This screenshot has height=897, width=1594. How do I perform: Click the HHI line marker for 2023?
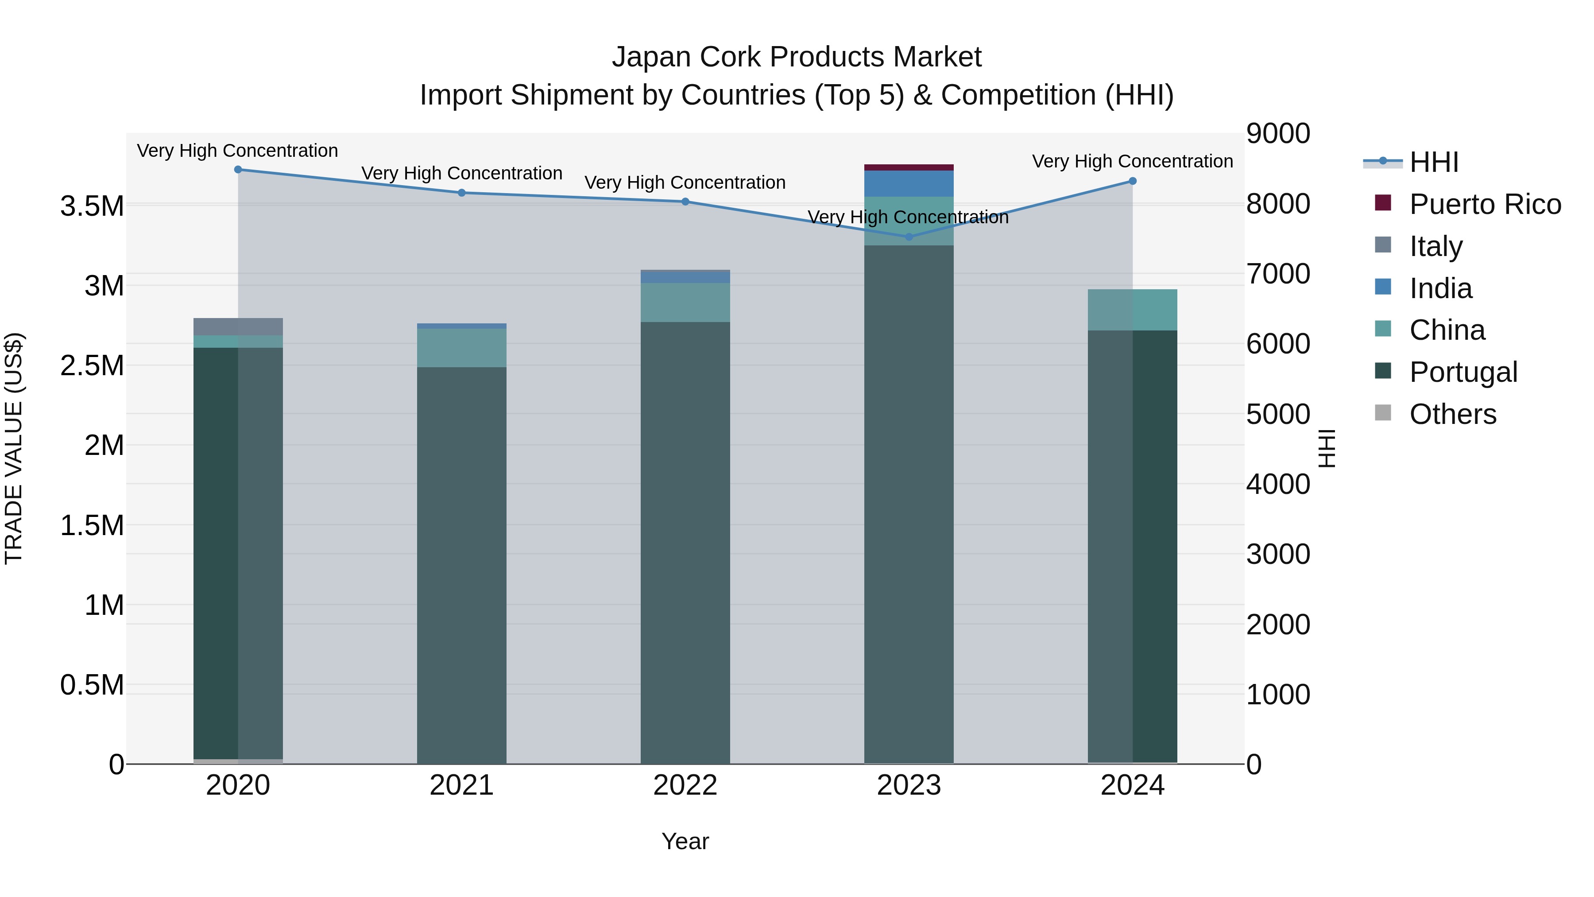coord(909,237)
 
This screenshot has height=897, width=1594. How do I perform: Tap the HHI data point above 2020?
coord(238,170)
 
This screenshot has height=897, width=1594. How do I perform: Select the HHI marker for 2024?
coord(1132,181)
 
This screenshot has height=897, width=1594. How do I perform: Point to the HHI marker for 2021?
coord(462,193)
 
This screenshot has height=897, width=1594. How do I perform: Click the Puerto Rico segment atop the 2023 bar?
coord(909,167)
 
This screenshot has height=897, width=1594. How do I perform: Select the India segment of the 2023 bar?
coord(909,184)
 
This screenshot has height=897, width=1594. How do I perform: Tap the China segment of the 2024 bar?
coord(1132,310)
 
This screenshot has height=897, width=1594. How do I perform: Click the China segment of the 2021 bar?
coord(462,348)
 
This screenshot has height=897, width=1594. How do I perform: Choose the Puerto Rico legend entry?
coord(1485,204)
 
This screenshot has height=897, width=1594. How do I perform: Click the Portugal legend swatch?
coord(1382,371)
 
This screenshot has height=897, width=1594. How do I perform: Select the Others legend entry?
coord(1452,414)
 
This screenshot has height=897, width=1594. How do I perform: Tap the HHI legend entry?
coord(1434,162)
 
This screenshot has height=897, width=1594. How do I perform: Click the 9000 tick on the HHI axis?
coord(1278,134)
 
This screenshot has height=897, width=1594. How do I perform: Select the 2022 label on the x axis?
coord(685,785)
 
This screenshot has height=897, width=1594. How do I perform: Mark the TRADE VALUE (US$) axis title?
coord(14,448)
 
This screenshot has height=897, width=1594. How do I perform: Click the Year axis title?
coord(685,841)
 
